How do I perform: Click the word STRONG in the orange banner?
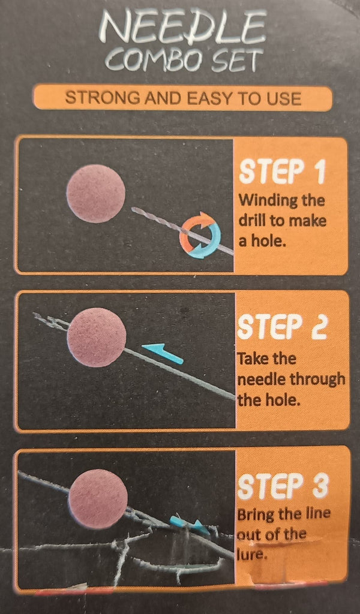(x=102, y=98)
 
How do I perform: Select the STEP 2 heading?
(x=282, y=327)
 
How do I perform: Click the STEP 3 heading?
(x=282, y=486)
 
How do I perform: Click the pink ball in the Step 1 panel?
(x=96, y=194)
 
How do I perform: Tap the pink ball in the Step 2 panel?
(x=97, y=337)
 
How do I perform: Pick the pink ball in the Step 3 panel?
(x=98, y=499)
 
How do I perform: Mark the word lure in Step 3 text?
(x=251, y=554)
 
